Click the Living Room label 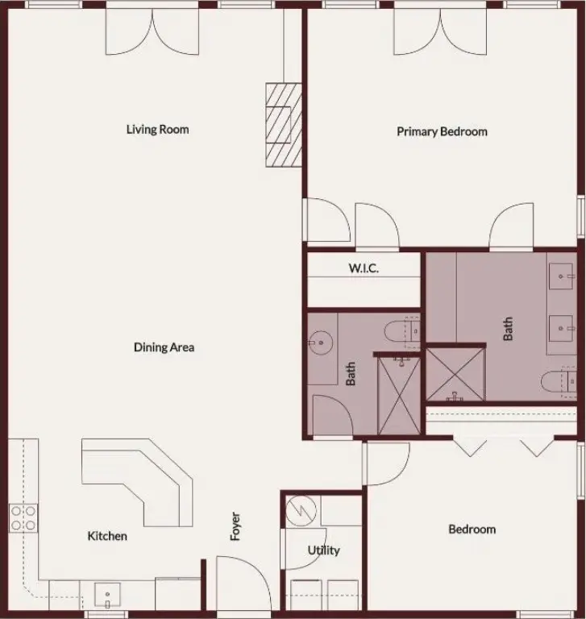click(x=157, y=129)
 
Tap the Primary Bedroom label click(x=442, y=131)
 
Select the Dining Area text click(x=164, y=347)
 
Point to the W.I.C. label click(x=364, y=268)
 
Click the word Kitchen click(x=107, y=536)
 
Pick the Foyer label click(x=235, y=526)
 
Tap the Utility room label click(x=323, y=550)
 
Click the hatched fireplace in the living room click(x=284, y=125)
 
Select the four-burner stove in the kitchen click(x=23, y=518)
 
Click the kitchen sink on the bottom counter click(x=107, y=595)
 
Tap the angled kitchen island click(x=137, y=483)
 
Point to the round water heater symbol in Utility click(x=301, y=511)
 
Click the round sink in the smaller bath click(x=321, y=343)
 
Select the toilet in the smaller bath click(x=402, y=331)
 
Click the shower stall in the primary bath click(x=455, y=374)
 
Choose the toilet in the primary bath click(x=559, y=382)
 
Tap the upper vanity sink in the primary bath click(x=561, y=276)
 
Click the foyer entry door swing click(x=243, y=582)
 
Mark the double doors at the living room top click(x=152, y=31)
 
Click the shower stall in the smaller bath click(x=399, y=396)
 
